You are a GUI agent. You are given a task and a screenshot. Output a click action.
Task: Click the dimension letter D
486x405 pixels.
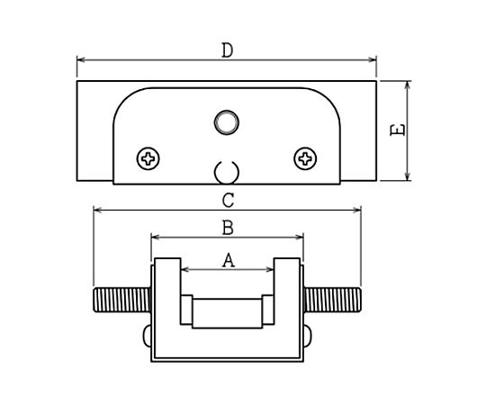coord(227,50)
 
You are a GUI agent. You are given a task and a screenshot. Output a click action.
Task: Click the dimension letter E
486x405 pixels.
coord(398,130)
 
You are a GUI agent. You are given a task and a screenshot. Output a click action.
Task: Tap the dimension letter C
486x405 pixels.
coord(228,200)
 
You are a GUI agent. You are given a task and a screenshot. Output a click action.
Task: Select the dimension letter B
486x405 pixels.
coord(228,228)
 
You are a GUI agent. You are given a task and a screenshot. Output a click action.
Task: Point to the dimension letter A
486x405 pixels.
coord(229,260)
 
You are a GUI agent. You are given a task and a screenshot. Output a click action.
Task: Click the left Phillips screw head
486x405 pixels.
coord(148,158)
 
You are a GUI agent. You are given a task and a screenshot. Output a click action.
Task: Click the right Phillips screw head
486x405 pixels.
coord(305,158)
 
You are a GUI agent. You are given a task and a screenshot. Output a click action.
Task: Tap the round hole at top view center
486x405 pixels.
coord(227,122)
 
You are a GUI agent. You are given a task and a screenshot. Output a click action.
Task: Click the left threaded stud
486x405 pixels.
coord(122,300)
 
